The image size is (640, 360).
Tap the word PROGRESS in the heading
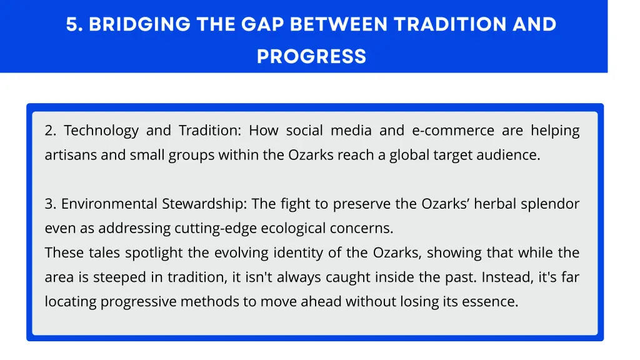pyautogui.click(x=311, y=56)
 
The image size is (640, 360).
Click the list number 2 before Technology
pyautogui.click(x=50, y=131)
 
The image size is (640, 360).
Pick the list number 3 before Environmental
pyautogui.click(x=50, y=204)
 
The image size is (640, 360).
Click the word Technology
pyautogui.click(x=101, y=131)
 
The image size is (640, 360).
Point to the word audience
pyautogui.click(x=512, y=155)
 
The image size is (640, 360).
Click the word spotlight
pyautogui.click(x=151, y=253)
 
